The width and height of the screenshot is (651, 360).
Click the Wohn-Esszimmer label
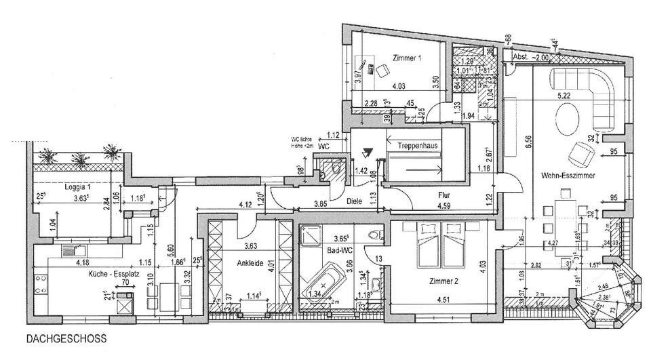coord(568,176)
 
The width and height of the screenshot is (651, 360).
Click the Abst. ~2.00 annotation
coord(532,58)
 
